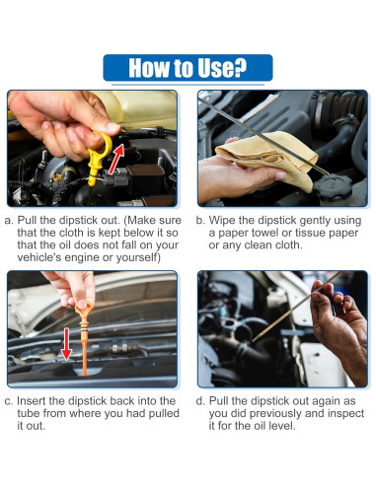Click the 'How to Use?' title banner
pyautogui.click(x=188, y=68)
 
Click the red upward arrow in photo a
pyautogui.click(x=116, y=159)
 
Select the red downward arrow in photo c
pyautogui.click(x=66, y=343)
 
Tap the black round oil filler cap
pyautogui.click(x=333, y=187)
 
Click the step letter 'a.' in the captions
pyautogui.click(x=9, y=220)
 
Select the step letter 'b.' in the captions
pyautogui.click(x=200, y=220)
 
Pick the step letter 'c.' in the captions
pyautogui.click(x=9, y=401)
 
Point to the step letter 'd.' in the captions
pyautogui.click(x=200, y=400)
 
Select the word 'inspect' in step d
pyautogui.click(x=345, y=413)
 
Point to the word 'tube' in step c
pyautogui.click(x=29, y=413)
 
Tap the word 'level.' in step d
pyautogui.click(x=282, y=426)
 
